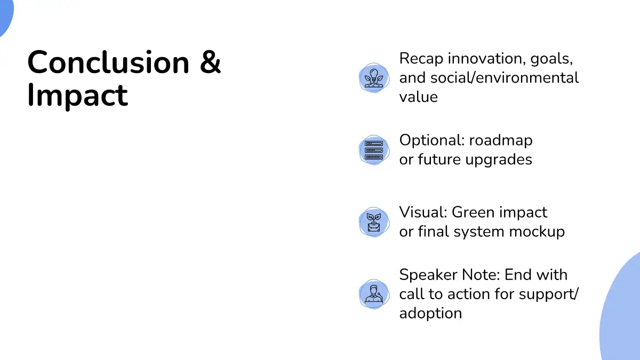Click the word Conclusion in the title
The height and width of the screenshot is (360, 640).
tap(108, 62)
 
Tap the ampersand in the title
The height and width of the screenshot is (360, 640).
tap(210, 62)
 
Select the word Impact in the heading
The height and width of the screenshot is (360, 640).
tap(77, 95)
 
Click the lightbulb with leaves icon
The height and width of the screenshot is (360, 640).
tap(374, 78)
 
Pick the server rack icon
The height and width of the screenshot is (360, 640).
tap(374, 150)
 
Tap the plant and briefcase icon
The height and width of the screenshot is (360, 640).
tap(374, 222)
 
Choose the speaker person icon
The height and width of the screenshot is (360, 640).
tap(374, 294)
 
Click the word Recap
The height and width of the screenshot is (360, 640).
tap(421, 59)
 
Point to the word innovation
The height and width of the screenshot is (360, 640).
tap(487, 58)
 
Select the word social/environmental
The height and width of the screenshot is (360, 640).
tap(505, 78)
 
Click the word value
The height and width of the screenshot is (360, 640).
tap(418, 97)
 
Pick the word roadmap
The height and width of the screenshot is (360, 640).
tap(501, 141)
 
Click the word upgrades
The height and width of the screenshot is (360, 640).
tap(499, 160)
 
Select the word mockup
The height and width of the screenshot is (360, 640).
tap(537, 232)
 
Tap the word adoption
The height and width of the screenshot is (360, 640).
tap(430, 314)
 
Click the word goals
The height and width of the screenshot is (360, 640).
tap(551, 59)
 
